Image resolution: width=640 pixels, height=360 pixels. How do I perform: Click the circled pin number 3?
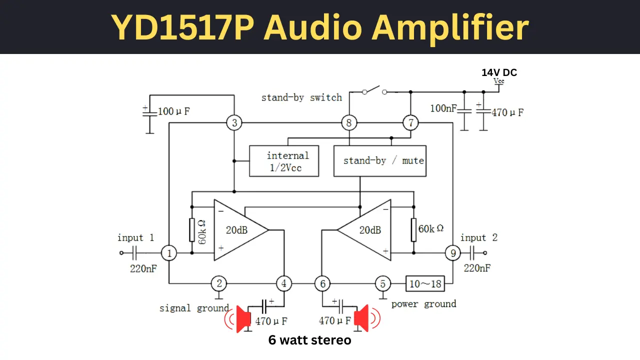point(234,123)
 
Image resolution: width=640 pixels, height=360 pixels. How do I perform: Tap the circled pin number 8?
point(349,123)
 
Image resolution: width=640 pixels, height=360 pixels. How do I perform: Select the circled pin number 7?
point(410,123)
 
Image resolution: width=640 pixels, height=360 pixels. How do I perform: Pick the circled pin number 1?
point(169,253)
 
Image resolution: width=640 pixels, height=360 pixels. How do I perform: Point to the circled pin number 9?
point(453,253)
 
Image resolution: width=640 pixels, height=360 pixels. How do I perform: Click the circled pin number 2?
point(219,283)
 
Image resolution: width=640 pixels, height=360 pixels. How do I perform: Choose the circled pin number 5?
point(383,283)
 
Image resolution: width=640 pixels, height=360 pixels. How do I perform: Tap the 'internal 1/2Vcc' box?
point(284,161)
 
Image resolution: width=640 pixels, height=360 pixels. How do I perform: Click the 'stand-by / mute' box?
point(380,161)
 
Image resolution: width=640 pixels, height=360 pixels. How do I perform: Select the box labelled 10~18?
point(425,283)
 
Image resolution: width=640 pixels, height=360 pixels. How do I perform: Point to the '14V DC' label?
point(499,72)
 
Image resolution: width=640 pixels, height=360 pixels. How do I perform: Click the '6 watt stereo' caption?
point(309,340)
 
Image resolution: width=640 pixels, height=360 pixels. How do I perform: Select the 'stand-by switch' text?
point(301,97)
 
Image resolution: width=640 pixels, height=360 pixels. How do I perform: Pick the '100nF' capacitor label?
point(443,108)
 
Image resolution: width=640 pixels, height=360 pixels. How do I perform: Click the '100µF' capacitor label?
point(173,111)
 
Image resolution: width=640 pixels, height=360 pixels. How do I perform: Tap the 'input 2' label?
point(479,237)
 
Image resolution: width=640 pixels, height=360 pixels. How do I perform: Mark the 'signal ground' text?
point(194,308)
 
